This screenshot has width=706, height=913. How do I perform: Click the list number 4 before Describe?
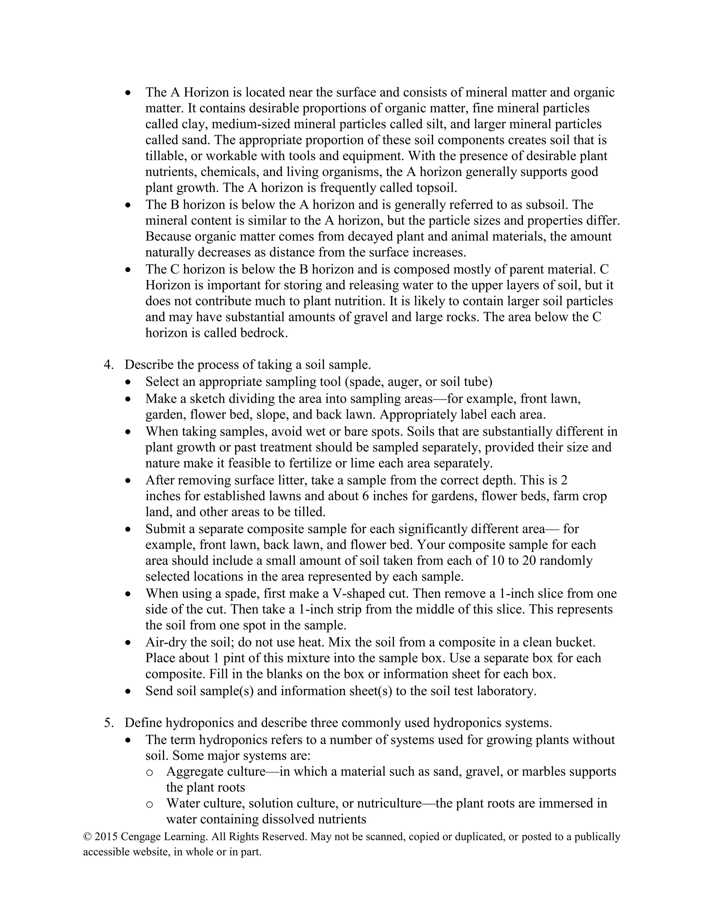coord(108,365)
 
